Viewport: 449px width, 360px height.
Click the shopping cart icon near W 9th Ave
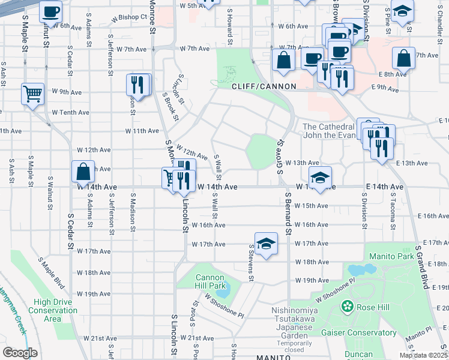[33, 94]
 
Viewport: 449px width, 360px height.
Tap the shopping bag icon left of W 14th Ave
[83, 172]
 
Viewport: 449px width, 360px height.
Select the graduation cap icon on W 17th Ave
[266, 244]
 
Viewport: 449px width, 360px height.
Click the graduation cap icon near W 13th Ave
[321, 178]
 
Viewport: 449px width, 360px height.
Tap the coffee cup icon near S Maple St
[50, 11]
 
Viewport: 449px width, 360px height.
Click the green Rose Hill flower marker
[348, 307]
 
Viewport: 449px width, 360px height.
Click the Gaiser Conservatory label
[359, 332]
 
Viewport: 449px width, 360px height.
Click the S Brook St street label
[170, 106]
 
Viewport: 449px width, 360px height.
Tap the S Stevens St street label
[252, 264]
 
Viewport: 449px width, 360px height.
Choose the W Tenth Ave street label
[70, 112]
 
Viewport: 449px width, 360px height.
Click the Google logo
[20, 353]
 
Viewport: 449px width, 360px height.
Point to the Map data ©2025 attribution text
[423, 355]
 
